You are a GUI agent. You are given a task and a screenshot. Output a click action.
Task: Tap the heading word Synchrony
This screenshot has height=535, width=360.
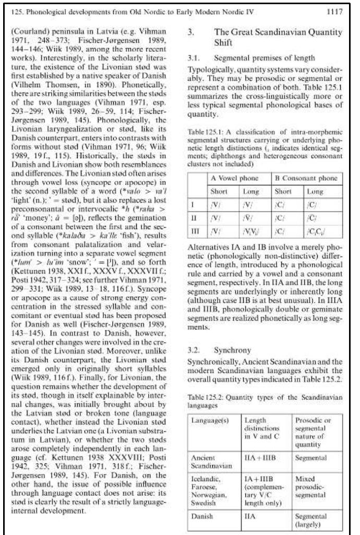[232, 350]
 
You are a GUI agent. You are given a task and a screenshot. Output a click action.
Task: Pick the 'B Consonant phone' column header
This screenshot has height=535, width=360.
[306, 178]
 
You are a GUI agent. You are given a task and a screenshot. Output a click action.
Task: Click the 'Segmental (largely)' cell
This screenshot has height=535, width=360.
[310, 520]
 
